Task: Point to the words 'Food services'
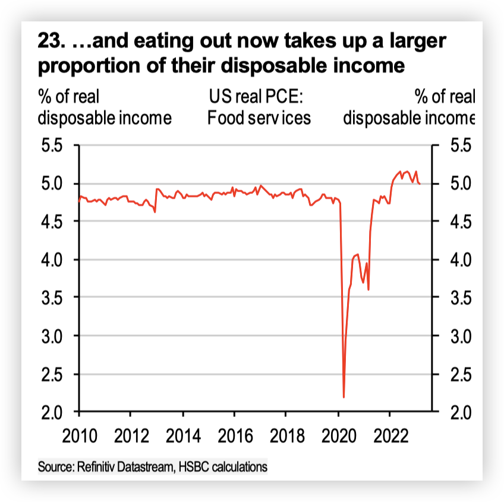pos(259,118)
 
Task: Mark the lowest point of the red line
pos(344,397)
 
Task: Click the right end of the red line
pos(420,184)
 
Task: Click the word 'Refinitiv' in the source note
pos(97,467)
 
